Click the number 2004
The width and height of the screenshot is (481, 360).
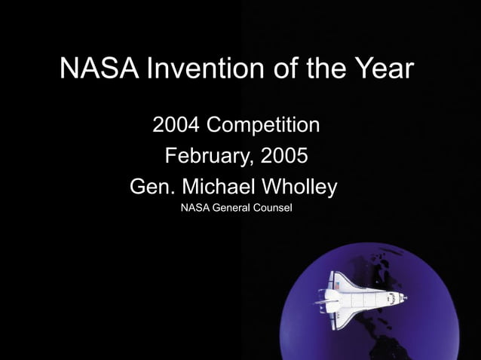pos(176,124)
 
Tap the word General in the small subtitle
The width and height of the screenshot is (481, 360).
pos(233,207)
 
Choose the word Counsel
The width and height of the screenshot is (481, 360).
pos(273,207)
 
